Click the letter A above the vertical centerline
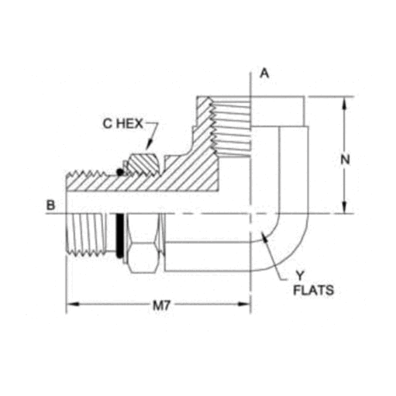click(263, 74)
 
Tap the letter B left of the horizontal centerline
click(50, 207)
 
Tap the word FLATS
click(314, 291)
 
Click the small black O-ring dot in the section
click(119, 171)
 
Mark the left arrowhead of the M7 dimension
click(69, 305)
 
